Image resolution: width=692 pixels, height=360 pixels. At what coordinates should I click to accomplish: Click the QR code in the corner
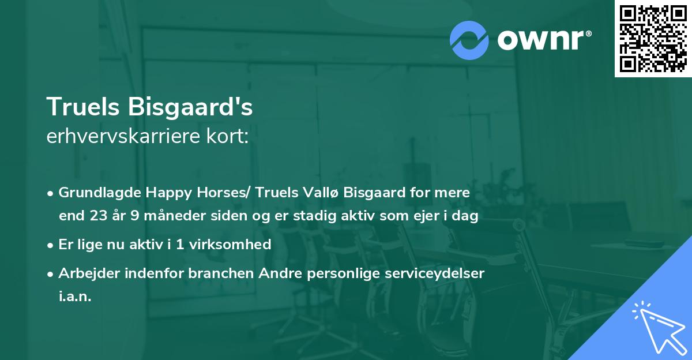click(x=653, y=38)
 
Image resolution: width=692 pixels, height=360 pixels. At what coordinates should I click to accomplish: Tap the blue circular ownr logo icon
click(x=469, y=40)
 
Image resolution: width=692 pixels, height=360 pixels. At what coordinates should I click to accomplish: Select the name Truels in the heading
click(x=84, y=107)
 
